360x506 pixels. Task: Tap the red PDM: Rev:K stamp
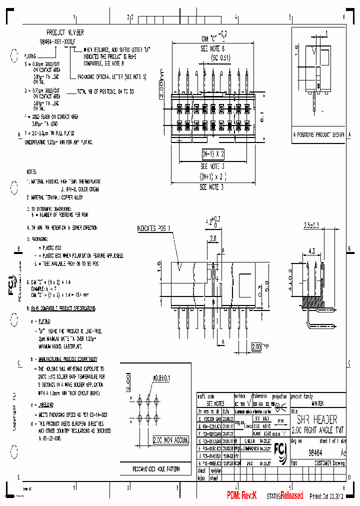pyautogui.click(x=241, y=495)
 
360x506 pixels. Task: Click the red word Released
pyautogui.click(x=291, y=495)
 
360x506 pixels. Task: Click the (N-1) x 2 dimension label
pyautogui.click(x=213, y=153)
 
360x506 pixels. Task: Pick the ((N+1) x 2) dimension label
pyautogui.click(x=213, y=176)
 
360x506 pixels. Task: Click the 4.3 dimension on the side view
pyautogui.click(x=311, y=250)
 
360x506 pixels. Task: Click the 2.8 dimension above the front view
pyautogui.click(x=212, y=239)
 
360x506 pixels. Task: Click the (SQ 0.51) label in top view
pyautogui.click(x=212, y=57)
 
